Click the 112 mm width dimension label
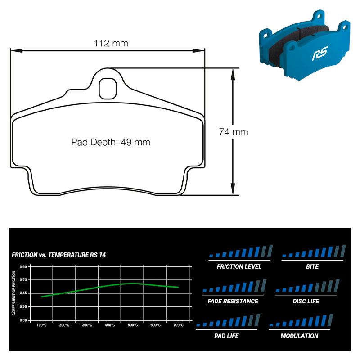pyautogui.click(x=111, y=43)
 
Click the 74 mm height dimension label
pyautogui.click(x=233, y=132)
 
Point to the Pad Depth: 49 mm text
pyautogui.click(x=111, y=142)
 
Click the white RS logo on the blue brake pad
pyautogui.click(x=320, y=54)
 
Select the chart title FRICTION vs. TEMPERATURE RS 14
pyautogui.click(x=58, y=255)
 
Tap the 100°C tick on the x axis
pyautogui.click(x=41, y=325)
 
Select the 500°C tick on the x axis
pyautogui.click(x=132, y=325)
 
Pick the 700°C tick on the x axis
pyautogui.click(x=178, y=325)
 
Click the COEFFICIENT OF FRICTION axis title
pyautogui.click(x=14, y=293)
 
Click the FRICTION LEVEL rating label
pyautogui.click(x=239, y=266)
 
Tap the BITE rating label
pyautogui.click(x=312, y=266)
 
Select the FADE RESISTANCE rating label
pyautogui.click(x=233, y=301)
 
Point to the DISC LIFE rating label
pyautogui.click(x=306, y=301)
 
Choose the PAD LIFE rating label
pyautogui.click(x=226, y=336)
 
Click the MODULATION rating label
pyautogui.click(x=299, y=336)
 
